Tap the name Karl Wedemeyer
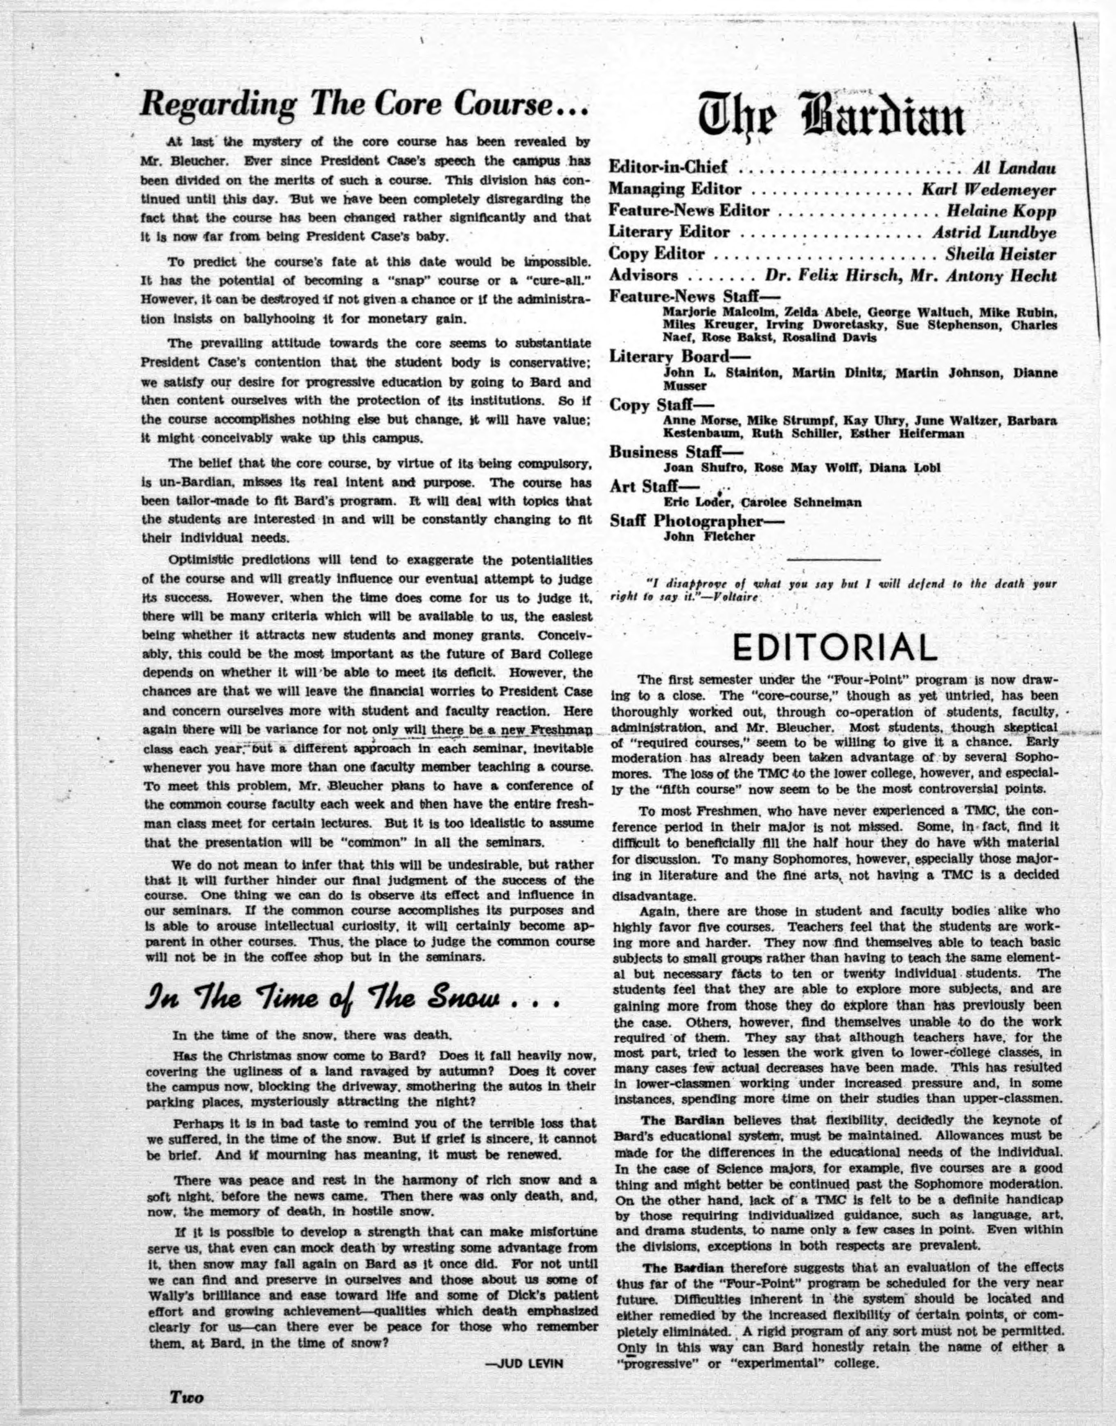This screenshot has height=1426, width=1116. pos(989,190)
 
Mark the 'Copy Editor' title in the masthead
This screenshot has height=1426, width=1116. pos(657,254)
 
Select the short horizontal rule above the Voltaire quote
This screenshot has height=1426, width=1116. pos(833,560)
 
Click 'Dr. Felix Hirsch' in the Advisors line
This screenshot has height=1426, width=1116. pos(827,276)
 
